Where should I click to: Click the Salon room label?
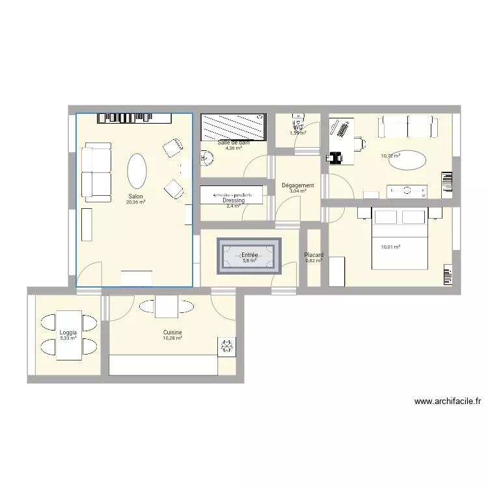(135, 196)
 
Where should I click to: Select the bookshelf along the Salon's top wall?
(135, 118)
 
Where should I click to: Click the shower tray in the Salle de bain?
(233, 127)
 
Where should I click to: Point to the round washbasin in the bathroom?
(206, 157)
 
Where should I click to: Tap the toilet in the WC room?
(299, 124)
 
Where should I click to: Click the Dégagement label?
(298, 185)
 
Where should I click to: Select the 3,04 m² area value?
(298, 191)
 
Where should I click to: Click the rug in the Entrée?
(250, 256)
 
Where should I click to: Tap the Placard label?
(314, 255)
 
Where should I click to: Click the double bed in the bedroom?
(399, 238)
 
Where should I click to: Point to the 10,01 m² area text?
(390, 247)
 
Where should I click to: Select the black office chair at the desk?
(336, 157)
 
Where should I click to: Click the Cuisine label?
(172, 332)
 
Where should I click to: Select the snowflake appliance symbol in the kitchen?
(226, 346)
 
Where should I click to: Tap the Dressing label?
(233, 200)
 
